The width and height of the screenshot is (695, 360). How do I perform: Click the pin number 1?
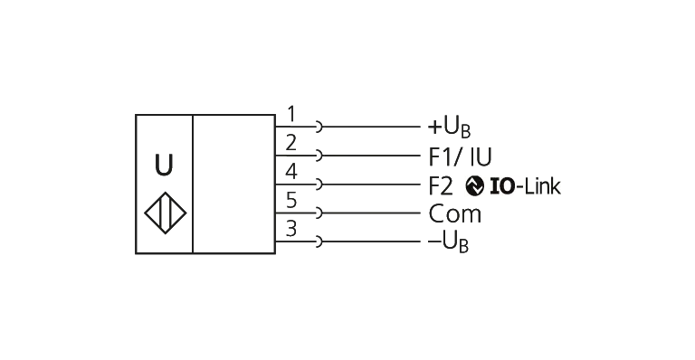(291, 114)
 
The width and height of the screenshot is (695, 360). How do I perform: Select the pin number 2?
(291, 143)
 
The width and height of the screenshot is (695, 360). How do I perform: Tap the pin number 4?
(291, 172)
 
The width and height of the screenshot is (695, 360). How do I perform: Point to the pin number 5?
(291, 200)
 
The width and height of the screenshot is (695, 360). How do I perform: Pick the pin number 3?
(291, 229)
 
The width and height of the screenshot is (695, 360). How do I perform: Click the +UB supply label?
(449, 128)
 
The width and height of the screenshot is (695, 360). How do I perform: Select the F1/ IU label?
(460, 156)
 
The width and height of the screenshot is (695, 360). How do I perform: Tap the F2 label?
(441, 186)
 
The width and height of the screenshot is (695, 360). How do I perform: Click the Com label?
(455, 214)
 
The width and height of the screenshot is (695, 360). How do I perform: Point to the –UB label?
(448, 243)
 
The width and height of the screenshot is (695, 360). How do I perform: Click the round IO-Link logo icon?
(475, 186)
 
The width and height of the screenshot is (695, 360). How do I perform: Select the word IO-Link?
(525, 186)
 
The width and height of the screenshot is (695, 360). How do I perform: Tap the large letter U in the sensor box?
(164, 166)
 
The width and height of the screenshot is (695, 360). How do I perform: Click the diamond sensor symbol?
(165, 213)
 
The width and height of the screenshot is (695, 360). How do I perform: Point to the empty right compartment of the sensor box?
(234, 185)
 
